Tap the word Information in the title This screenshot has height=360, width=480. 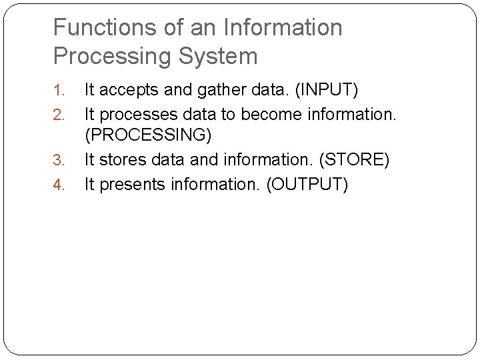pyautogui.click(x=283, y=28)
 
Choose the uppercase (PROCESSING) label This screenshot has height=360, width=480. pyautogui.click(x=147, y=136)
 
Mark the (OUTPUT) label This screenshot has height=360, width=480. pyautogui.click(x=307, y=185)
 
